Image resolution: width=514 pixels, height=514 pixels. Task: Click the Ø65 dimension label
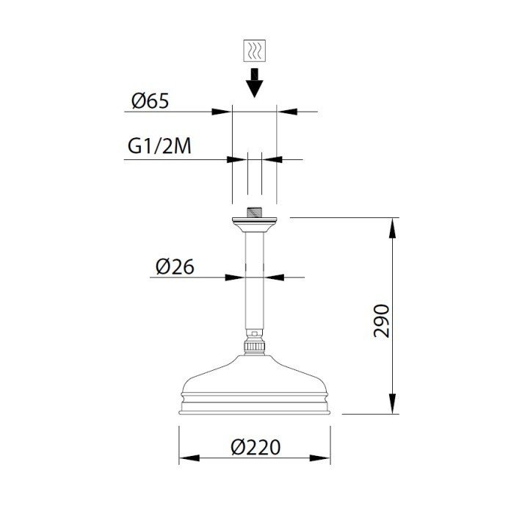coord(150,101)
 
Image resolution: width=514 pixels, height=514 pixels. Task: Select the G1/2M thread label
coord(159,146)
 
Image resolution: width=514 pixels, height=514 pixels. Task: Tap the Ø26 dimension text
coord(175,267)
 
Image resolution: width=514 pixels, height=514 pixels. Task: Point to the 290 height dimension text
coord(382,321)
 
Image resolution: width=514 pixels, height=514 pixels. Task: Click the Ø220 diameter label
coord(256,447)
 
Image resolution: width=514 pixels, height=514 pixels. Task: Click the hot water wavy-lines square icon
coord(254,51)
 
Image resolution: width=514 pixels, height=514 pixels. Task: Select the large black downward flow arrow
coord(254,82)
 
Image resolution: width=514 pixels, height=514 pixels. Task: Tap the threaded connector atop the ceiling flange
coord(254,212)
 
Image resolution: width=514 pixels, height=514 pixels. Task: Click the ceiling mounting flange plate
coord(254,225)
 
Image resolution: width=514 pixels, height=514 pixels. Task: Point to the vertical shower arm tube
coord(254,282)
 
